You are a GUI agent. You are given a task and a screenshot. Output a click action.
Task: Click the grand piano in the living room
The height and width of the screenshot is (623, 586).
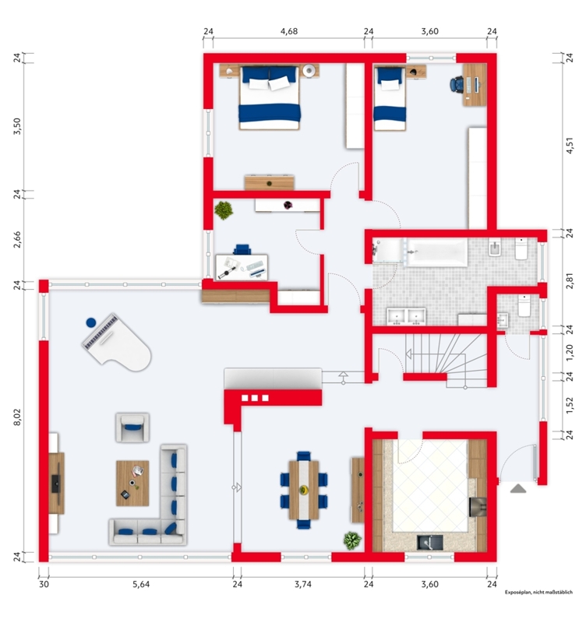click(x=117, y=343)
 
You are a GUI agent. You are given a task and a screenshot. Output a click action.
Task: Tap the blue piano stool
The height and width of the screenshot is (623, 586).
click(x=91, y=322)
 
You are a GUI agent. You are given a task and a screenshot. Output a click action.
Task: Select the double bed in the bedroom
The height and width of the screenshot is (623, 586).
click(x=269, y=98)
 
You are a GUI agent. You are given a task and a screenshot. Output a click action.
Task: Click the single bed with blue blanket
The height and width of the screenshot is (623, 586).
click(x=390, y=99)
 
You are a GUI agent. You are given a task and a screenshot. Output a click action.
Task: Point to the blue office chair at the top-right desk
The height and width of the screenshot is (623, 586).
click(x=457, y=84)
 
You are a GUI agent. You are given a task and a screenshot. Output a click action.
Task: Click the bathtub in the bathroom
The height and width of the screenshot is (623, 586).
click(x=437, y=252)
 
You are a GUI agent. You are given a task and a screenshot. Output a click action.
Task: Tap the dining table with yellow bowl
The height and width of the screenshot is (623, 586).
click(x=304, y=490)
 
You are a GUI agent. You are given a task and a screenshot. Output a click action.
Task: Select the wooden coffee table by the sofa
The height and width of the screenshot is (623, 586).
click(x=132, y=483)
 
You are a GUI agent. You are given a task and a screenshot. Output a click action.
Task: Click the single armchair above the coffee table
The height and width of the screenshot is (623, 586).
click(x=132, y=427)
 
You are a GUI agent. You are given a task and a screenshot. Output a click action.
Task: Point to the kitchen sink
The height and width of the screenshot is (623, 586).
click(x=430, y=542)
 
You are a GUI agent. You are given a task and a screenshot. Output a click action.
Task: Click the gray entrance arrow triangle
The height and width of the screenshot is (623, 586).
click(x=518, y=489)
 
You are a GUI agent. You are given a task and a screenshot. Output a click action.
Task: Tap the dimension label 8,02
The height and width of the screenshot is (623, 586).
click(x=17, y=418)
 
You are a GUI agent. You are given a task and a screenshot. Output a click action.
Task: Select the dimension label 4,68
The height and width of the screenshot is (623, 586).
click(x=289, y=31)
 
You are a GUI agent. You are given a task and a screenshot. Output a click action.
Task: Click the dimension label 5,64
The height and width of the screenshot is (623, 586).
click(x=141, y=584)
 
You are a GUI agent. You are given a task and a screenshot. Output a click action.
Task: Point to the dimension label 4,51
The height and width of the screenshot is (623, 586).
click(x=570, y=146)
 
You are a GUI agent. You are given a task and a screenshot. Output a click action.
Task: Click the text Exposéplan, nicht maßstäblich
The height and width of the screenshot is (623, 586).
click(x=538, y=592)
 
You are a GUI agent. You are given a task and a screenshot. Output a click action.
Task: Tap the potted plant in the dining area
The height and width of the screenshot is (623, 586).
click(x=352, y=540)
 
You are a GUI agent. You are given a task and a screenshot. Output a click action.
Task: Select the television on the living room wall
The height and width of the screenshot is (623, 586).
click(x=56, y=483)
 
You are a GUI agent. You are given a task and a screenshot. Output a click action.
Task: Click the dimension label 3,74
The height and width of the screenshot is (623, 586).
click(x=303, y=584)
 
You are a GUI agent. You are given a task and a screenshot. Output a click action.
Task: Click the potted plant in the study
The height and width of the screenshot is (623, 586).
click(x=224, y=210)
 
